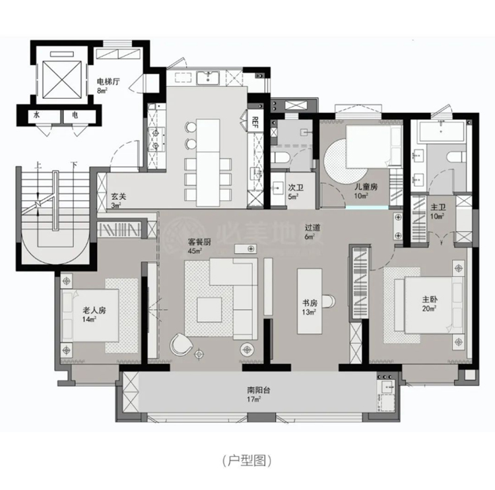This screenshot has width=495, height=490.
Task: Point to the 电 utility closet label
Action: pos(75,115)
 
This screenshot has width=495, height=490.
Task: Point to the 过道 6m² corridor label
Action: pos(313,231)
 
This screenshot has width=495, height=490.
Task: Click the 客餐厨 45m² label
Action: pos(198,245)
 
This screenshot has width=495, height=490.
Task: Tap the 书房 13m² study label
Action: pos(310,307)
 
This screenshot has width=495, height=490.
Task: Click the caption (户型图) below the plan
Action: pos(247,459)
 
